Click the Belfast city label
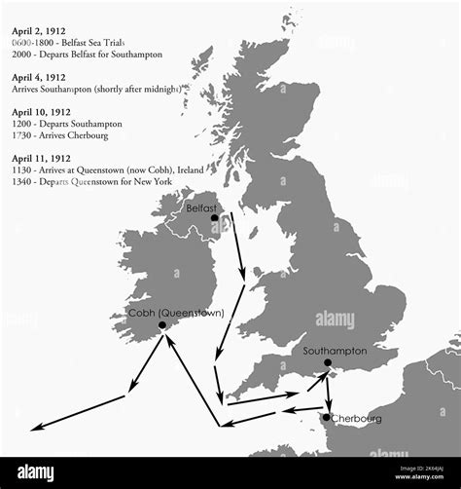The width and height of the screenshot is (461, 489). click(x=200, y=208)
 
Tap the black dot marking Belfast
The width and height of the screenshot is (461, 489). click(x=214, y=218)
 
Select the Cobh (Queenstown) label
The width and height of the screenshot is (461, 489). click(x=176, y=313)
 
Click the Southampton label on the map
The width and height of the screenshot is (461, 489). click(x=335, y=350)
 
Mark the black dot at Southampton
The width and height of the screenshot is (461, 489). click(x=328, y=363)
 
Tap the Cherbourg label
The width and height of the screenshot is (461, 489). click(x=356, y=418)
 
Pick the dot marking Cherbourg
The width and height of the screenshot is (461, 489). click(x=327, y=417)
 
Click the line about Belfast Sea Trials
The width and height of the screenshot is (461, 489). click(x=74, y=43)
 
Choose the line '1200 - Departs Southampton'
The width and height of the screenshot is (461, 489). click(x=67, y=124)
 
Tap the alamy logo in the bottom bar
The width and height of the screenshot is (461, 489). click(x=36, y=472)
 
